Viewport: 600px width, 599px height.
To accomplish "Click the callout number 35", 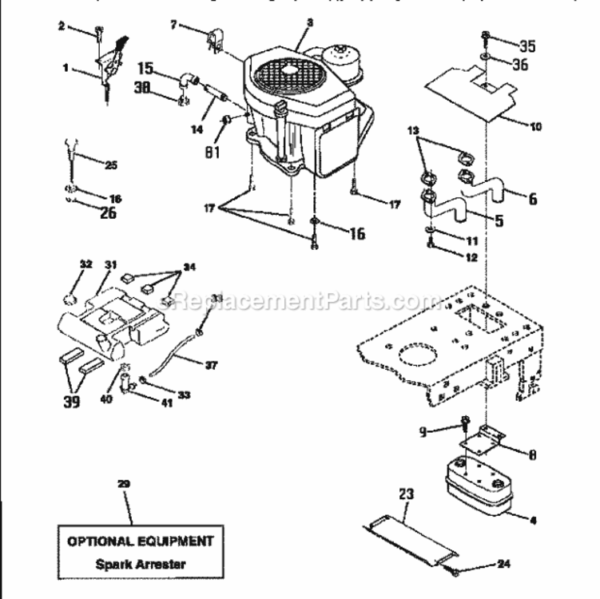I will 527,45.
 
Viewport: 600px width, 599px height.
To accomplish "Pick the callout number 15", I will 147,68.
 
